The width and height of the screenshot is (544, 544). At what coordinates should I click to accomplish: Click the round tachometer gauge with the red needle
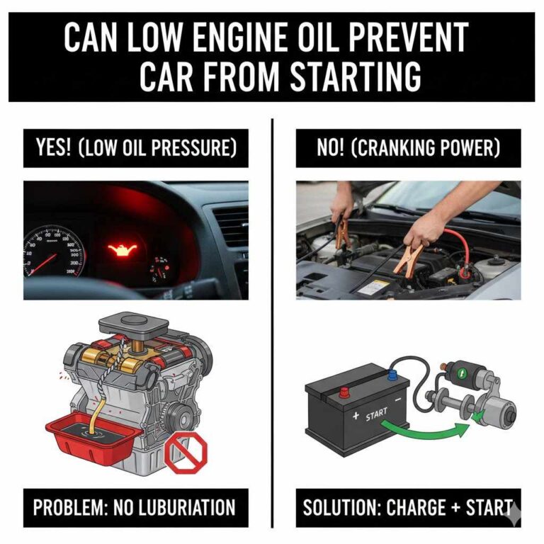coord(53,251)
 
